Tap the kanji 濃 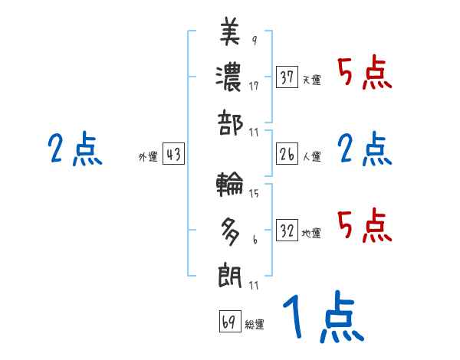coord(230,77)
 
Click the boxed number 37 coord(287,77)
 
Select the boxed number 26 coord(287,155)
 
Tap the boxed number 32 coord(287,231)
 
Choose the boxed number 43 coord(173,155)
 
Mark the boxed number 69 coord(229,321)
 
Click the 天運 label coord(311,80)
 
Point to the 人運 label coord(311,157)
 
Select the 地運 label coord(311,233)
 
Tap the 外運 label coord(147,157)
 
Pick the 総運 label coord(255,324)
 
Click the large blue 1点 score coord(322,319)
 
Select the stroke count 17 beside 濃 coord(253,86)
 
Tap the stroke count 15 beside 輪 coord(254,193)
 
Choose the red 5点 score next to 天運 coord(365,74)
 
